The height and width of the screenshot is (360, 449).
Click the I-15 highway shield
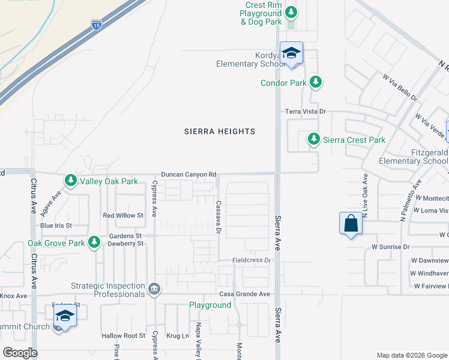click(97, 25)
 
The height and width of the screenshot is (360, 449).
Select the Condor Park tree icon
click(315, 82)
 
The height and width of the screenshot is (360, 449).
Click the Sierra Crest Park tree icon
click(313, 139)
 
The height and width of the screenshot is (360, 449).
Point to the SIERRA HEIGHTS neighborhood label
click(219, 131)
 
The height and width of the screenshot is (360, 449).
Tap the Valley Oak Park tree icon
click(71, 181)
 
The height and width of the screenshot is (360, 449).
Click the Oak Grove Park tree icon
click(94, 242)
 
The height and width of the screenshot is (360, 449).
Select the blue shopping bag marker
click(351, 224)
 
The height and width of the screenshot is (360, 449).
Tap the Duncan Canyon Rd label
click(188, 175)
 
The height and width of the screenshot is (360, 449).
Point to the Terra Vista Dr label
click(305, 112)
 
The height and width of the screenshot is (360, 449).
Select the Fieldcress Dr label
click(252, 260)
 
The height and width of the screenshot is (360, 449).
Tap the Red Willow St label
click(124, 215)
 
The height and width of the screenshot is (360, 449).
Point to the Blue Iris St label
click(56, 226)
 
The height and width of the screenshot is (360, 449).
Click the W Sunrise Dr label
click(390, 247)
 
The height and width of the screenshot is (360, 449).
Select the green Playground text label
click(210, 305)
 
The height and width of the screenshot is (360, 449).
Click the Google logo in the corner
click(20, 353)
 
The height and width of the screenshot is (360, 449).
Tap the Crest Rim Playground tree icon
click(291, 12)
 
